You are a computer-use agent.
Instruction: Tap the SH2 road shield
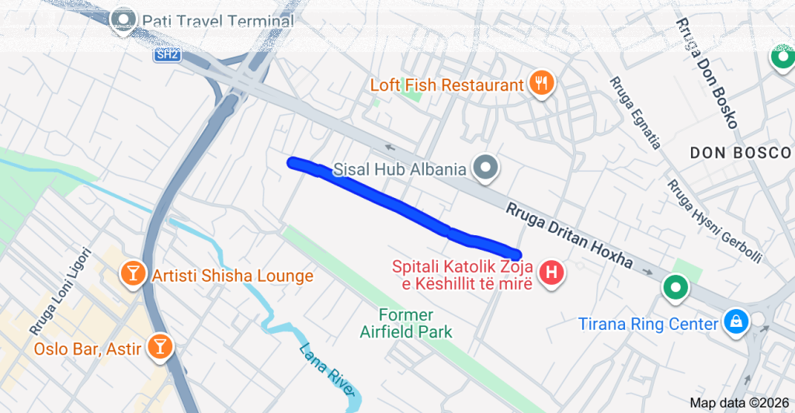click(166, 55)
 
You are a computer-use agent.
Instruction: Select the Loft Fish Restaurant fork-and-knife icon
click(540, 84)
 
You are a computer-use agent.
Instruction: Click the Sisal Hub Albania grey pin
click(487, 167)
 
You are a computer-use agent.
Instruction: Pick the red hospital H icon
click(552, 273)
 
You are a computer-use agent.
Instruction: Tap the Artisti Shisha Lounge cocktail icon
click(132, 273)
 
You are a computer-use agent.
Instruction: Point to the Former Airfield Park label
click(406, 323)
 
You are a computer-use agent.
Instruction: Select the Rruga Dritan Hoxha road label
click(570, 236)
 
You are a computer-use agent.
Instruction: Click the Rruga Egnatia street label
click(635, 113)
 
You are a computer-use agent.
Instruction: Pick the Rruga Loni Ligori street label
click(61, 291)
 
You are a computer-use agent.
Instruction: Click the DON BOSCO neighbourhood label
click(740, 153)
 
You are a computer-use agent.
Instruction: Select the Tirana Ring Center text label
click(648, 323)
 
